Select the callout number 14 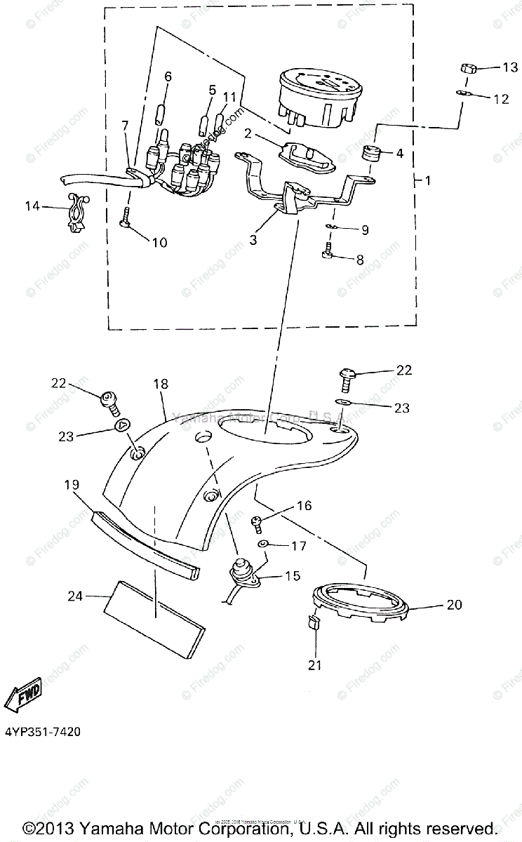tap(33, 206)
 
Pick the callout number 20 tap(455, 604)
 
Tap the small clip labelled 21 tap(312, 622)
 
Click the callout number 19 tap(72, 485)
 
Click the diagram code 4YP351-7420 tap(41, 732)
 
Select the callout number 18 tap(161, 385)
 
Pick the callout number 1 tap(427, 180)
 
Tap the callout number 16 tap(304, 505)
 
